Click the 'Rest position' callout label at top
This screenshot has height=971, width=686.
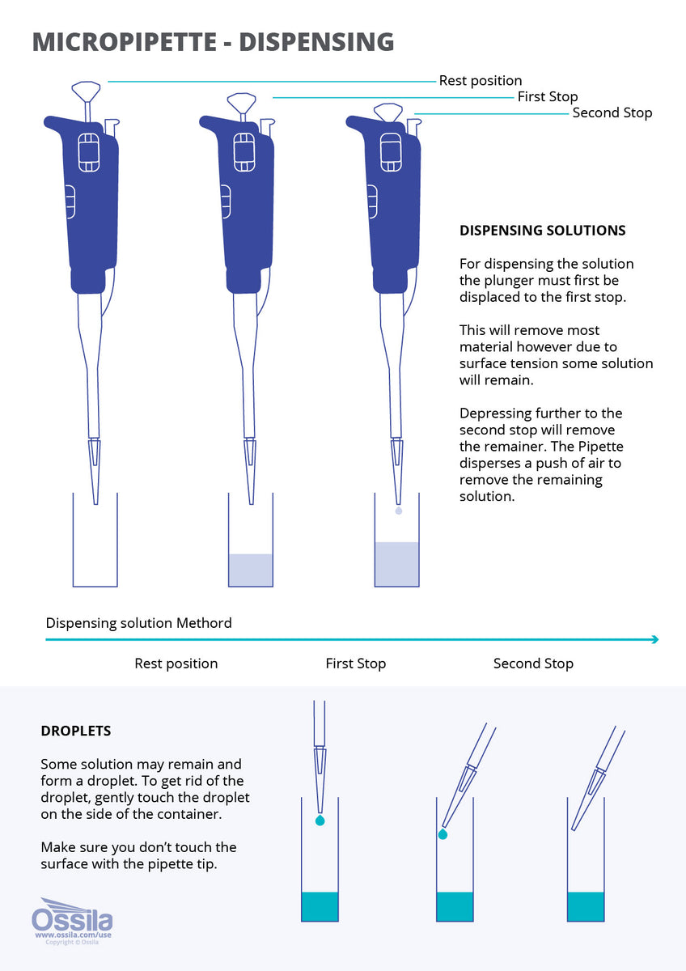point(480,81)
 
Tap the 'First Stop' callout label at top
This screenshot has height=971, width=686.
point(548,96)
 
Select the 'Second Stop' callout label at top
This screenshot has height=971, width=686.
point(612,112)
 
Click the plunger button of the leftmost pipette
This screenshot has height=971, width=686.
point(87,88)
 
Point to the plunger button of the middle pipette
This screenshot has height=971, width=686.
point(242,102)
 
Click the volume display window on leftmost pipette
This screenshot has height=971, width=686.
point(88,152)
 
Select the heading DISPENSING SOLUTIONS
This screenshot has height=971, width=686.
point(542,231)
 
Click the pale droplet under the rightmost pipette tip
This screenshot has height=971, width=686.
point(397,511)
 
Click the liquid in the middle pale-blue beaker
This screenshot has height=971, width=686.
point(251,570)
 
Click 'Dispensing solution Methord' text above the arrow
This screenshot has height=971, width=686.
point(138,623)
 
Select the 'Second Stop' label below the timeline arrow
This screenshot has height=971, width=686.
point(533,664)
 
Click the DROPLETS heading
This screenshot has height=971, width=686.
point(76,731)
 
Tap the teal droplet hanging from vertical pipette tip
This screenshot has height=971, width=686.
point(320,820)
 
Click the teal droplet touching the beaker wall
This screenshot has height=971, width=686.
point(443,834)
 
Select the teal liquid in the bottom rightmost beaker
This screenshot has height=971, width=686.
point(586,906)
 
